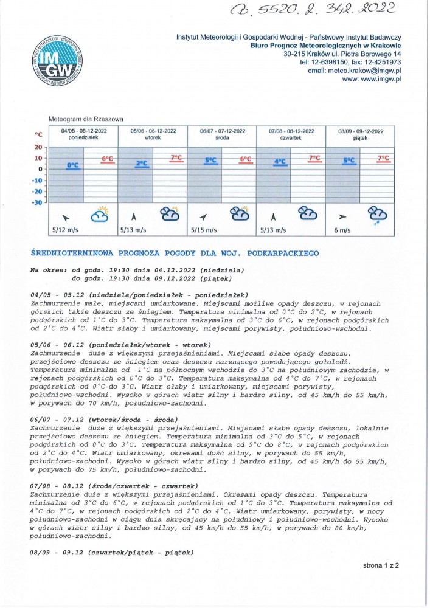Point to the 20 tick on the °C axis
[38, 147]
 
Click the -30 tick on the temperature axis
[37, 202]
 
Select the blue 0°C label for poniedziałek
[73, 165]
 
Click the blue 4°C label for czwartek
[280, 162]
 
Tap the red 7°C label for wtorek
[176, 157]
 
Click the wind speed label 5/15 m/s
[204, 230]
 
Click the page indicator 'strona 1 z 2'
[381, 565]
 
